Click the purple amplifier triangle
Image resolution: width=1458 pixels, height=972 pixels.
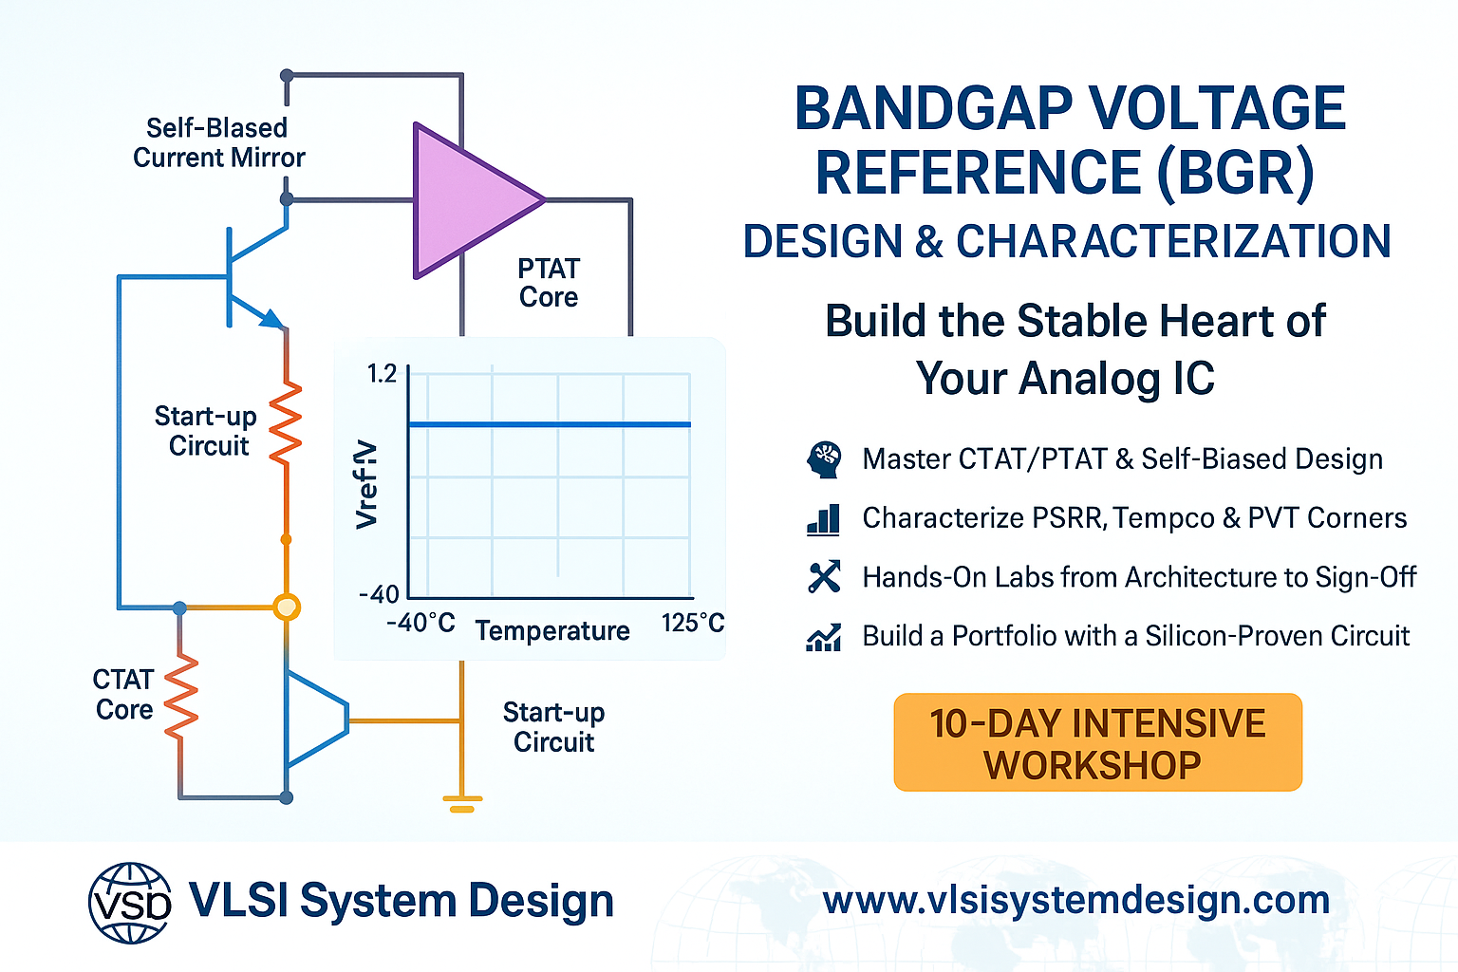(469, 200)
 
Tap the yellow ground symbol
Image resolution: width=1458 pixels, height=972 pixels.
(461, 803)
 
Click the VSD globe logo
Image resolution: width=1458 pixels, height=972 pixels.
(130, 902)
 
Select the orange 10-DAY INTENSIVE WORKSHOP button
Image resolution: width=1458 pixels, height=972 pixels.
(1097, 743)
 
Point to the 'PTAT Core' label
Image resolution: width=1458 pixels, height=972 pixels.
(548, 283)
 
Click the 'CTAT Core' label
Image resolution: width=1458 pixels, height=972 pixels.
(123, 695)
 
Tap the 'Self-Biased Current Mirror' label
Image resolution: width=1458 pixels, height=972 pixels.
(218, 142)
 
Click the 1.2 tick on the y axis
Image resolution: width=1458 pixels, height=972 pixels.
(383, 374)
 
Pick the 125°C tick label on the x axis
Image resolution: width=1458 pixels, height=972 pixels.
(692, 624)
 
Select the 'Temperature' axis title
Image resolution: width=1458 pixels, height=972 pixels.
(552, 631)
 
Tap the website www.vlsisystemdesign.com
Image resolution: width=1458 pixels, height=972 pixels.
(1076, 900)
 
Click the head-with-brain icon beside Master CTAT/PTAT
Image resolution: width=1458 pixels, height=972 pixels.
(823, 459)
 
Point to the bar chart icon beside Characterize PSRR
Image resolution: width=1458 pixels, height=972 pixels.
(823, 518)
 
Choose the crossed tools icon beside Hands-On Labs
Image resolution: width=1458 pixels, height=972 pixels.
(824, 577)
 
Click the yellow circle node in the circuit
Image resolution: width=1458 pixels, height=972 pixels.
(286, 607)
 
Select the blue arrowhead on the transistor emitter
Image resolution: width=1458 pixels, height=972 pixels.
(272, 319)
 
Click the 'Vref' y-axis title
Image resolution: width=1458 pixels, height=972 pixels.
(366, 484)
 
